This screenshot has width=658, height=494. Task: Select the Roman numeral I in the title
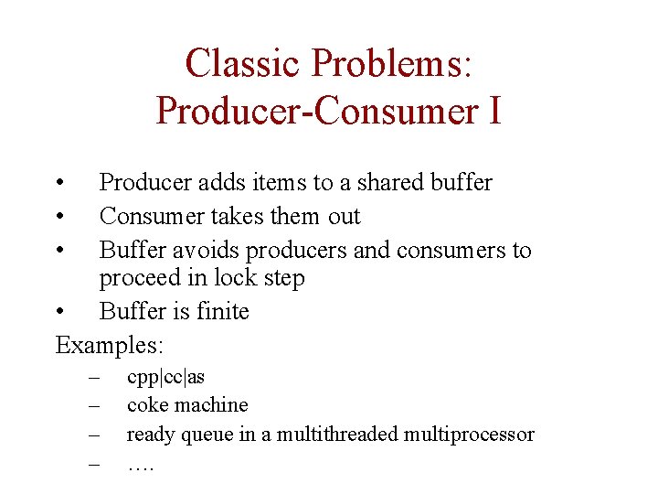pyautogui.click(x=494, y=110)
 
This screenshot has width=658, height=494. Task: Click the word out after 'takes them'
pyautogui.click(x=344, y=216)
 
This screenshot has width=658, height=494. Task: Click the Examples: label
pyautogui.click(x=110, y=345)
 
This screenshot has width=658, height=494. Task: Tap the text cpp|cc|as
pyautogui.click(x=165, y=377)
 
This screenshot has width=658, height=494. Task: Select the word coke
pyautogui.click(x=147, y=404)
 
